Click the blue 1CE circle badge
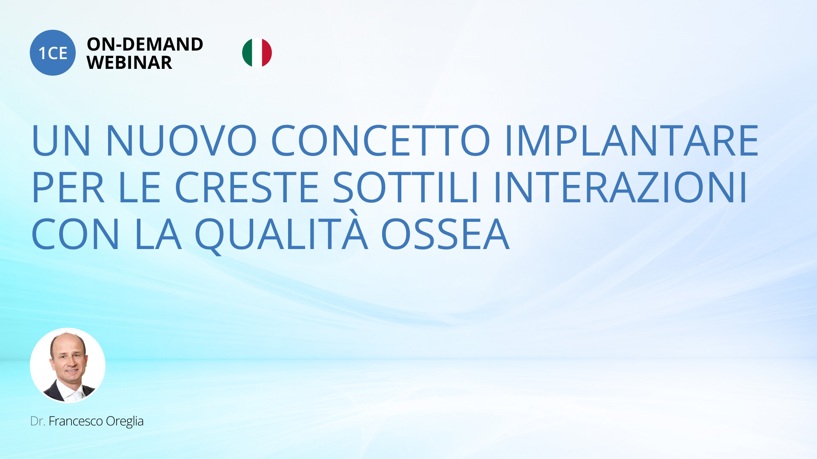[x=53, y=53]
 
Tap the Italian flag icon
[x=257, y=53]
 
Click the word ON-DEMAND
[x=145, y=44]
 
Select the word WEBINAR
[x=129, y=63]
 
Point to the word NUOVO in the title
[x=181, y=140]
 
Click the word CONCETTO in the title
[x=381, y=140]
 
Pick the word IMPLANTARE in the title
[x=632, y=140]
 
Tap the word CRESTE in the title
[x=247, y=187]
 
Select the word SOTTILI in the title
[x=406, y=187]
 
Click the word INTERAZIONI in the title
[x=620, y=187]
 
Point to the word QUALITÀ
[x=281, y=232]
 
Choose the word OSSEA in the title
[x=445, y=234]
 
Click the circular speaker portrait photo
[x=68, y=365]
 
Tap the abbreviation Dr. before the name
[x=37, y=421]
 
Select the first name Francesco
[x=76, y=421]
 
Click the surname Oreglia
[x=125, y=422]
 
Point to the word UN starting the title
[x=61, y=140]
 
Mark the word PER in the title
[x=68, y=187]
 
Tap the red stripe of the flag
[x=267, y=53]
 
